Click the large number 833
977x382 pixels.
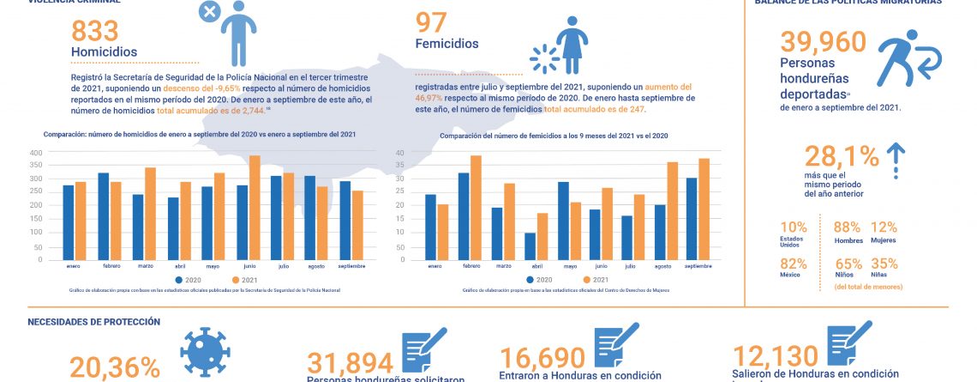[106, 31]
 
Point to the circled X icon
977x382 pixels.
[208, 11]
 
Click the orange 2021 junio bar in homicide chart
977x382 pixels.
[254, 207]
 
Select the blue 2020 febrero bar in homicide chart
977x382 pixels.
[104, 215]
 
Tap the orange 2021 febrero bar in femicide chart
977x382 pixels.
[476, 207]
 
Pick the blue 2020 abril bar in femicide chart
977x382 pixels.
[530, 246]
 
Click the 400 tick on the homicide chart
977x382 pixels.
[59, 153]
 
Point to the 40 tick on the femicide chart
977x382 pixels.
[399, 153]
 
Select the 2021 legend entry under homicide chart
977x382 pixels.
[246, 281]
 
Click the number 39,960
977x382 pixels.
[823, 43]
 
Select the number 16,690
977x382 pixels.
[542, 358]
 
